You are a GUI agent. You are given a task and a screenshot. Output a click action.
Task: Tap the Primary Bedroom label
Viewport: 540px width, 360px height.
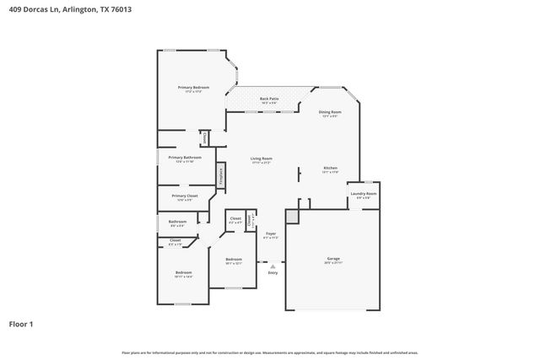point(193,89)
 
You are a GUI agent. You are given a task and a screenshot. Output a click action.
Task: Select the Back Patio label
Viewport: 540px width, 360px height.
point(269,100)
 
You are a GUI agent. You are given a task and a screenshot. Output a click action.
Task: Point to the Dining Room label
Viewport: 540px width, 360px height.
point(330,113)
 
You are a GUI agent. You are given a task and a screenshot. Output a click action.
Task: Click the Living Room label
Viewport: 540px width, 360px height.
point(261,160)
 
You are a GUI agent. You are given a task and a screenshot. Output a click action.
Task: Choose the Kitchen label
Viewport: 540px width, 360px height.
point(331,169)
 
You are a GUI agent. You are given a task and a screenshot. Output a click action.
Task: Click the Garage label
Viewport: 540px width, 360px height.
point(333,259)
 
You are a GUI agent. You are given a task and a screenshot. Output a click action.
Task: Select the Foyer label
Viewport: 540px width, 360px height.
point(271,234)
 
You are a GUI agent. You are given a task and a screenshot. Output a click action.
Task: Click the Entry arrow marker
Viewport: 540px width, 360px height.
point(273,266)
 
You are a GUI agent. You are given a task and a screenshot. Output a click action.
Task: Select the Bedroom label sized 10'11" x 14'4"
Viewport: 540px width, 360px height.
point(183,274)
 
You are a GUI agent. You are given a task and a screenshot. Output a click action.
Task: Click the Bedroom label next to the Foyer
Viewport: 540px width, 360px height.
point(234,261)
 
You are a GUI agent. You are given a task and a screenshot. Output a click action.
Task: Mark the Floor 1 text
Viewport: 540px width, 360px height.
point(22,324)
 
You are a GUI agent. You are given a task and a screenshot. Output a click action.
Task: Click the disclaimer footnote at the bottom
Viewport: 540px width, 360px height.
point(269,352)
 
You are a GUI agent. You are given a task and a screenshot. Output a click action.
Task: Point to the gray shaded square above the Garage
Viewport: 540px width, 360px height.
point(292,218)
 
